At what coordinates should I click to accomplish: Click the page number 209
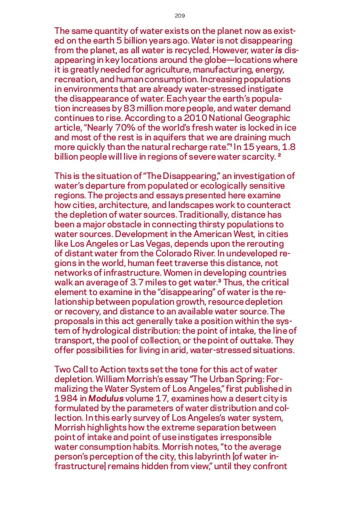[x=180, y=15]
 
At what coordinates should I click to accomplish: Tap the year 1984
[x=65, y=400]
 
